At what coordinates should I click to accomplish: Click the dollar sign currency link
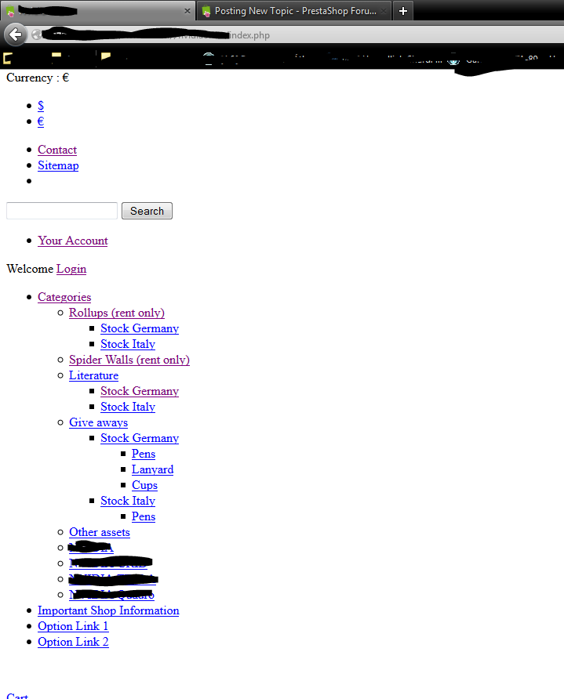pos(41,106)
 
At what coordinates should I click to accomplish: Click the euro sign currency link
pos(41,121)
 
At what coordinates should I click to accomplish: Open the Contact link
pos(57,150)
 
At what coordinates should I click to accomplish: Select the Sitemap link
pos(58,165)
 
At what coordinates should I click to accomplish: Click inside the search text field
pos(62,211)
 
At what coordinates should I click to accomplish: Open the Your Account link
pos(73,241)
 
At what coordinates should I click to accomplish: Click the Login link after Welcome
pos(71,269)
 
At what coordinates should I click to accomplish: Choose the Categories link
pos(64,297)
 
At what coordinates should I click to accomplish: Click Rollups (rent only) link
pos(117,313)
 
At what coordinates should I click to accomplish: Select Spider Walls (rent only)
pos(129,360)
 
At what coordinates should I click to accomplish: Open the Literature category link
pos(93,375)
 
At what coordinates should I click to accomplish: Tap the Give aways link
pos(98,422)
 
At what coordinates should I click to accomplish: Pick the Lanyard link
pos(152,469)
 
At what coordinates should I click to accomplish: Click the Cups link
pos(144,485)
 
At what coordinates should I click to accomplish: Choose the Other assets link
pos(100,532)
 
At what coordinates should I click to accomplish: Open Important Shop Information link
pos(108,610)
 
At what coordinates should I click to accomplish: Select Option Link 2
pos(73,642)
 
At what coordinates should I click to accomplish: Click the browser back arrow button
pos(16,34)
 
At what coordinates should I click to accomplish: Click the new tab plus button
pos(403,11)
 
